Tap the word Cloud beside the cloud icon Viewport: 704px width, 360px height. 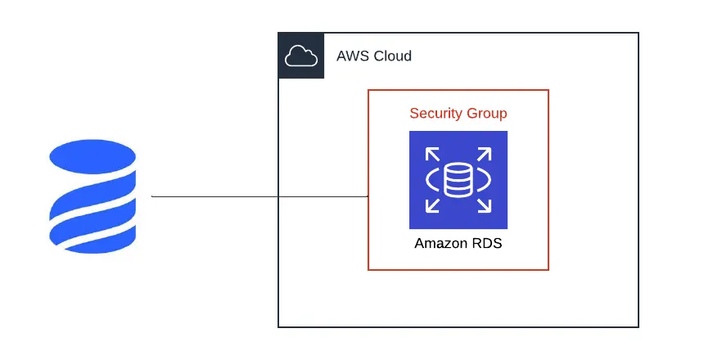click(x=392, y=56)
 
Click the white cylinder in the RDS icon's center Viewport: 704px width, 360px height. click(x=458, y=180)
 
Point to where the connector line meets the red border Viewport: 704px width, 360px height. click(x=368, y=196)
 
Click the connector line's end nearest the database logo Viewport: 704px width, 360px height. click(x=153, y=196)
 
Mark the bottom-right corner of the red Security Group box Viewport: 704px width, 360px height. click(x=548, y=269)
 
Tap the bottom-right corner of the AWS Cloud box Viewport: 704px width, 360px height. click(x=638, y=326)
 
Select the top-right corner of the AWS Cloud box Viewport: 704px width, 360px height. click(x=638, y=34)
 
